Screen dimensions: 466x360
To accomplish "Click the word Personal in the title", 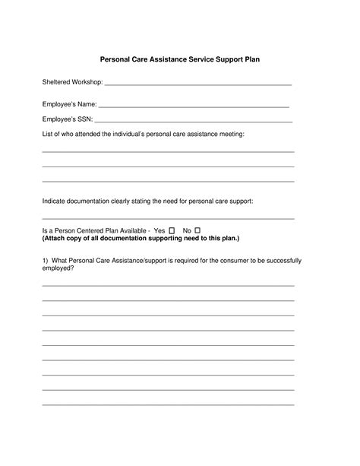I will point(118,58).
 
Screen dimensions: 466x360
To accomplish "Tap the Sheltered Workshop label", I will point(71,81).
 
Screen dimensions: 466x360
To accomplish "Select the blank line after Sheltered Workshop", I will point(197,84).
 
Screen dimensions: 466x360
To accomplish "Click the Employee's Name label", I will point(69,105).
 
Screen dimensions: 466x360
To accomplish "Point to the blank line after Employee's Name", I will point(194,107).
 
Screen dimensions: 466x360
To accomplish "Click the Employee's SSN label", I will point(67,119).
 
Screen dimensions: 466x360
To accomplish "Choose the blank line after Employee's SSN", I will point(194,122).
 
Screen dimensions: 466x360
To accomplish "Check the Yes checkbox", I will point(172,230).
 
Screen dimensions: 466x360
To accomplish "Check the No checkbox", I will point(197,230).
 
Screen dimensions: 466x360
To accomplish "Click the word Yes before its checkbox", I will point(159,230).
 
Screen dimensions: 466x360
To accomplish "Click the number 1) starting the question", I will point(46,261).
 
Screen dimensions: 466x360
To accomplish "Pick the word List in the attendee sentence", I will point(48,134).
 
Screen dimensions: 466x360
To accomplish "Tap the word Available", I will point(134,230).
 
